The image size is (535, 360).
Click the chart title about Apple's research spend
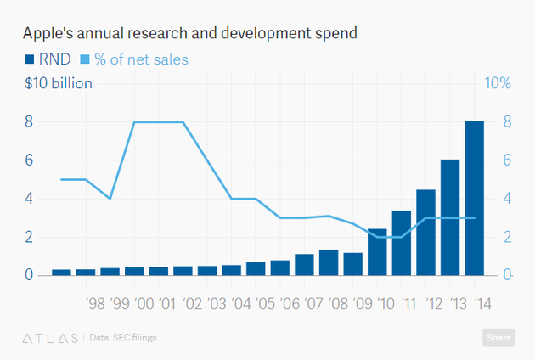(190, 33)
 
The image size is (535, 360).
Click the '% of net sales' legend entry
(133, 59)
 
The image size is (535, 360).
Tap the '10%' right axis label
(496, 83)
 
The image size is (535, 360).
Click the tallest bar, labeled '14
(474, 199)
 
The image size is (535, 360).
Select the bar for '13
(449, 217)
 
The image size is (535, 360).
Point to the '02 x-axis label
(193, 303)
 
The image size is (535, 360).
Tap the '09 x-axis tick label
(363, 303)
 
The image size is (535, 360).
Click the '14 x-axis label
(485, 303)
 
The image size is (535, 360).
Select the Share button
(499, 337)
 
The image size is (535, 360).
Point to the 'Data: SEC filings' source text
(123, 338)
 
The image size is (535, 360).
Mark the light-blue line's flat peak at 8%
(159, 121)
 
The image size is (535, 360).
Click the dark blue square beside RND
(28, 59)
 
